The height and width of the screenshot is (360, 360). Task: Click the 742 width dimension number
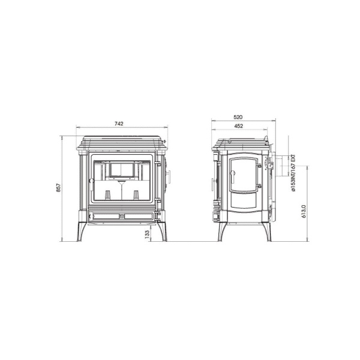click(x=119, y=124)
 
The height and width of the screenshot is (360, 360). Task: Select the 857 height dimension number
click(x=59, y=188)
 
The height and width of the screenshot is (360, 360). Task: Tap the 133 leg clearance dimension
click(x=147, y=234)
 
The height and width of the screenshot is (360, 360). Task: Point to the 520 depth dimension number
click(x=238, y=117)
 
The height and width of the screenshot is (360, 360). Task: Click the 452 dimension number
click(x=239, y=126)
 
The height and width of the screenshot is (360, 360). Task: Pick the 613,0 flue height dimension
click(x=304, y=211)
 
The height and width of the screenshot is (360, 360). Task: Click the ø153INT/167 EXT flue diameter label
click(x=293, y=173)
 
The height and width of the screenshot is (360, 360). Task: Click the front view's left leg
click(x=82, y=231)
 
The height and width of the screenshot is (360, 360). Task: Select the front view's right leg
click(x=162, y=231)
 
